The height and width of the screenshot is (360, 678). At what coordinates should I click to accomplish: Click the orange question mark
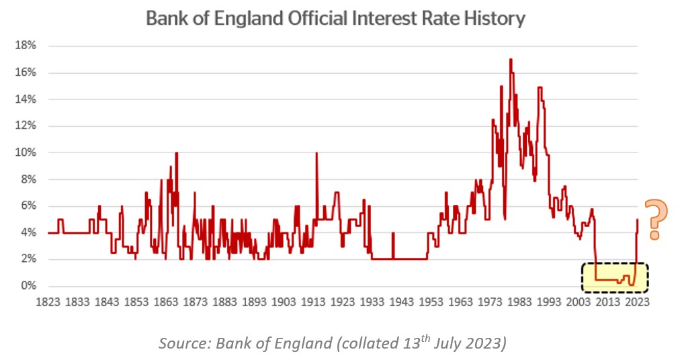click(656, 220)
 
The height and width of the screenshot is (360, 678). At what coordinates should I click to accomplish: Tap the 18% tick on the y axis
click(26, 46)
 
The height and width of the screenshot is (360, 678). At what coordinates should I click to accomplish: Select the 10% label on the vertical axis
click(26, 152)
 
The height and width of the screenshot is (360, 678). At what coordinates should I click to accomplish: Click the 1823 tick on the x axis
click(48, 302)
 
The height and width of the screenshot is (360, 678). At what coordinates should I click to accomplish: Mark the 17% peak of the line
click(511, 60)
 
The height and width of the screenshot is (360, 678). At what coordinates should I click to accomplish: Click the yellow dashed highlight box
click(614, 277)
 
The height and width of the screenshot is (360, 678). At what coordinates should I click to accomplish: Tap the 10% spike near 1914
click(316, 154)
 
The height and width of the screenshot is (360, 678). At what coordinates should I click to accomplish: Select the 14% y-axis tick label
click(26, 99)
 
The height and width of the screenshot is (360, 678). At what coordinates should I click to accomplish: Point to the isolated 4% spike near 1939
click(392, 234)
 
